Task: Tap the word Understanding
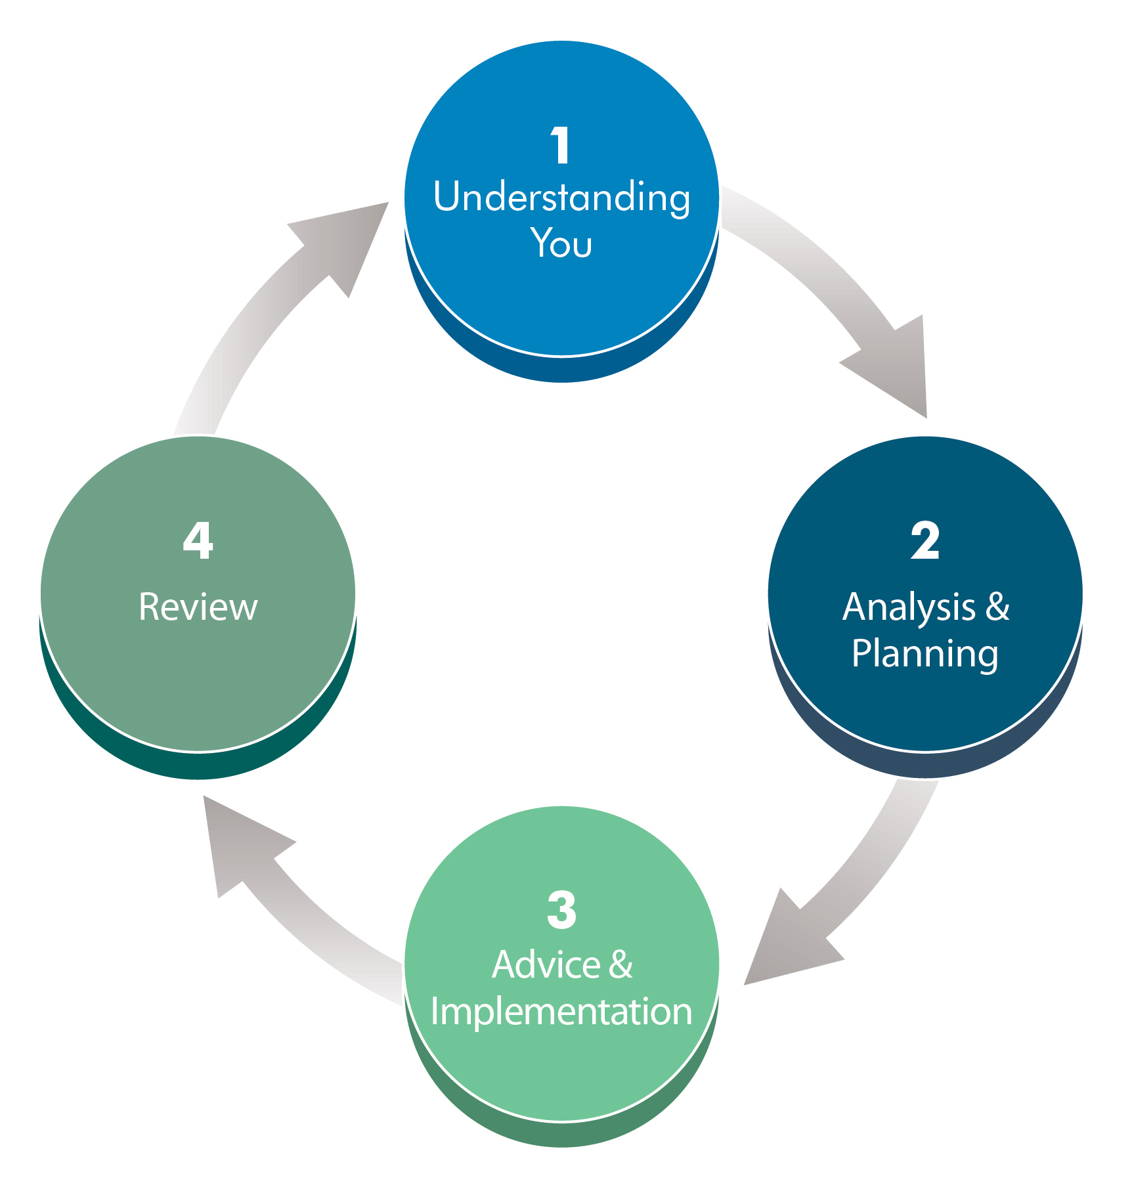pyautogui.click(x=561, y=197)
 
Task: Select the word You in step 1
pyautogui.click(x=561, y=243)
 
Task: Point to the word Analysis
pyautogui.click(x=909, y=607)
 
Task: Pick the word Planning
pyautogui.click(x=925, y=654)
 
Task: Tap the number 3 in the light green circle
pyautogui.click(x=561, y=910)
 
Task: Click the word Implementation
pyautogui.click(x=561, y=1011)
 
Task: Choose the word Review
pyautogui.click(x=198, y=607)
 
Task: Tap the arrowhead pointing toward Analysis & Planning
pyautogui.click(x=900, y=368)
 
